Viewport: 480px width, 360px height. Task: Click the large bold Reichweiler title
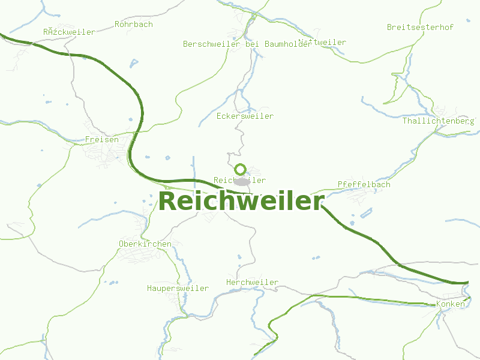[x=241, y=201]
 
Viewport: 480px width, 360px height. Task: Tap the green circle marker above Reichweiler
[x=241, y=169]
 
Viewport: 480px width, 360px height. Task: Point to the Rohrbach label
[x=133, y=25]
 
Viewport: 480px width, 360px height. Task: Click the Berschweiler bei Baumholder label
[x=247, y=44]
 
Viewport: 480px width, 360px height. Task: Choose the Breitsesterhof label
[x=420, y=27]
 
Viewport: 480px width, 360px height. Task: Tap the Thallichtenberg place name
[x=438, y=121]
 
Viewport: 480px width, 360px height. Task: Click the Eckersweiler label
[x=245, y=116]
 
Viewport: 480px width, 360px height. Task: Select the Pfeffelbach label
[x=364, y=184]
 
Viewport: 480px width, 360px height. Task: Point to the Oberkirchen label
[x=145, y=244]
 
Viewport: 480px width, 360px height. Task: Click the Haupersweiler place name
[x=178, y=288]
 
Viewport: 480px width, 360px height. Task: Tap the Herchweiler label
[x=252, y=282]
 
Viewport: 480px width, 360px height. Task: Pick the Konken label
[x=450, y=304]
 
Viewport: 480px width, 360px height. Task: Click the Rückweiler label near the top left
[x=69, y=32]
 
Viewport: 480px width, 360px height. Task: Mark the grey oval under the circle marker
[x=241, y=181]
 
